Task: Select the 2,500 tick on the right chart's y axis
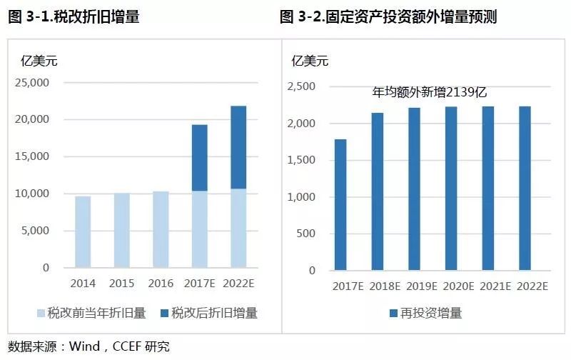tap(300, 86)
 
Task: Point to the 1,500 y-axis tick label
tap(300, 160)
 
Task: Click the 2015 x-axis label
tap(122, 284)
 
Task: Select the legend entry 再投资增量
tap(428, 313)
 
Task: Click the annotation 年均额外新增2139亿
tap(430, 92)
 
